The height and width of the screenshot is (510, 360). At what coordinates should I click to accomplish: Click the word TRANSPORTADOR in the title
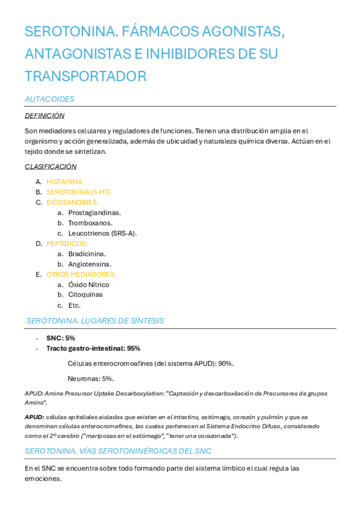click(x=85, y=76)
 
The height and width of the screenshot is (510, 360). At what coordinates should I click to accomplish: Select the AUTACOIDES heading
click(x=49, y=99)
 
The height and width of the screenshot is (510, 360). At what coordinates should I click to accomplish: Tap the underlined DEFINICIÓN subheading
click(x=44, y=115)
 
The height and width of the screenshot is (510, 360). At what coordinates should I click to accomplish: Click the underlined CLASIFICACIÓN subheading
click(x=50, y=167)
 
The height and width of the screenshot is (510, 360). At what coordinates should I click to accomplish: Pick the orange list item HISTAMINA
click(x=64, y=182)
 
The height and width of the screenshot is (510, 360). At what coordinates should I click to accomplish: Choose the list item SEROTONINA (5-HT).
click(x=79, y=192)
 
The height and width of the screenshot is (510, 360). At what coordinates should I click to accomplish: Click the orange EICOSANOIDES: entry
click(x=73, y=202)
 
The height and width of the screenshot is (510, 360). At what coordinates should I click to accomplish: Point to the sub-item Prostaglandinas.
click(x=94, y=212)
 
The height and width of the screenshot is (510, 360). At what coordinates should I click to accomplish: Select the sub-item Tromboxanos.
click(x=90, y=223)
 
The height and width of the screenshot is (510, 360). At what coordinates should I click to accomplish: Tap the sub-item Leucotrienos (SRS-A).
click(x=102, y=233)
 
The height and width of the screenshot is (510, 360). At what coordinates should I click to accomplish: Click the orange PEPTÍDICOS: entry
click(x=67, y=244)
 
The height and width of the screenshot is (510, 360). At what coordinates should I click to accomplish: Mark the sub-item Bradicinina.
click(x=87, y=254)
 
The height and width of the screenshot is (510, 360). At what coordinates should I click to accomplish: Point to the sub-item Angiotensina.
click(x=90, y=264)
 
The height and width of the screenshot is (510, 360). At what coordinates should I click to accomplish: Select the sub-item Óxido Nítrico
click(x=88, y=284)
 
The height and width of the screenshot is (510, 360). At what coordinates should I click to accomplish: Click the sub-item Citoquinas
click(x=85, y=295)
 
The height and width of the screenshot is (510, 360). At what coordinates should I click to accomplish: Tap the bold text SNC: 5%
click(x=61, y=338)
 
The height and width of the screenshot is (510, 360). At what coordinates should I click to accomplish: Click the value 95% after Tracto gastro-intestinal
click(x=134, y=348)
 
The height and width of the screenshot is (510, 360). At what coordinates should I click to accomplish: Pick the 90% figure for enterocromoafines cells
click(x=225, y=363)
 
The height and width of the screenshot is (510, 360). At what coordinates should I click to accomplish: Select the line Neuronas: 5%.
click(x=91, y=378)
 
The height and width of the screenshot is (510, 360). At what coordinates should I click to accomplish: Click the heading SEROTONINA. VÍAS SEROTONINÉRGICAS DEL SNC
click(x=118, y=450)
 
